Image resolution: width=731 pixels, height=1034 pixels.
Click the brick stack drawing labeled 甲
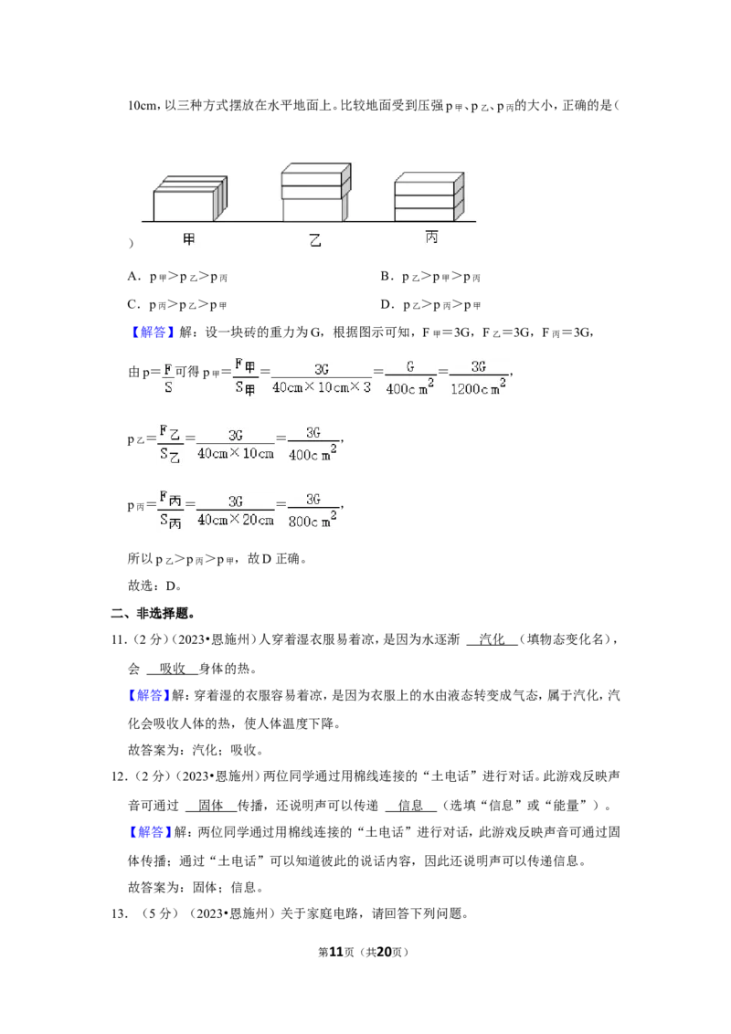click(x=191, y=198)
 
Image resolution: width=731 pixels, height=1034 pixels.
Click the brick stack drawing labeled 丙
click(x=429, y=196)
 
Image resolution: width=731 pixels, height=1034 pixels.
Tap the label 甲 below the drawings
click(x=188, y=239)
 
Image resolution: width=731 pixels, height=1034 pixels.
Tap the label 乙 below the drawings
click(x=315, y=240)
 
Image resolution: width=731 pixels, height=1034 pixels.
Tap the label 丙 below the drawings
click(x=431, y=237)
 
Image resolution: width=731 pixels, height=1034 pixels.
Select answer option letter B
click(x=386, y=277)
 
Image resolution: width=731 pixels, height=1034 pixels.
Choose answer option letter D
click(x=386, y=305)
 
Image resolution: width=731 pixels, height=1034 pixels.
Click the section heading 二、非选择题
click(x=153, y=613)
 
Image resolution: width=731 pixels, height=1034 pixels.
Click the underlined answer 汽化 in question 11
click(x=492, y=639)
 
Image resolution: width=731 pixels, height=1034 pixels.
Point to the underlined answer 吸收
click(x=172, y=669)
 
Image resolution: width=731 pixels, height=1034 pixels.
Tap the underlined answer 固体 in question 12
click(x=211, y=805)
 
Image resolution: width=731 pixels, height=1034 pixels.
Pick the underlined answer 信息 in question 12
click(x=410, y=805)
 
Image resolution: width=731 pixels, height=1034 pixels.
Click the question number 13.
click(x=119, y=914)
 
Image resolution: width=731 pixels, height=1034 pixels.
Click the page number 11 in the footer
click(x=336, y=952)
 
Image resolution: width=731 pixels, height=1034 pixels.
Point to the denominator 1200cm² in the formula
click(x=479, y=387)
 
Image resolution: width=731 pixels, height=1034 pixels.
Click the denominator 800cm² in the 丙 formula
click(x=313, y=520)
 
